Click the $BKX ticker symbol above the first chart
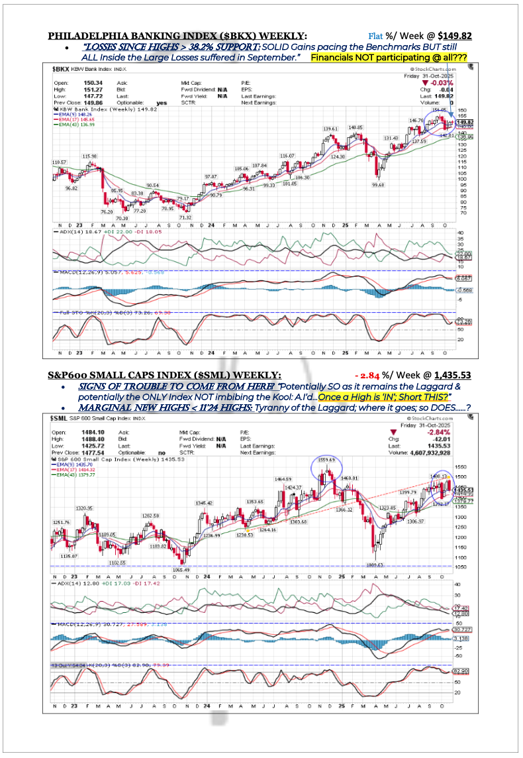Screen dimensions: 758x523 tap(61, 68)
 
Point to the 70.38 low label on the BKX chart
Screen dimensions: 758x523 tap(122, 217)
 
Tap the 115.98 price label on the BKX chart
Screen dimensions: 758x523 tap(89, 156)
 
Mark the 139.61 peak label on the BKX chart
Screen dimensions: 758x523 tap(331, 128)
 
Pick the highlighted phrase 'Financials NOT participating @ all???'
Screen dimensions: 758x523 tap(389, 58)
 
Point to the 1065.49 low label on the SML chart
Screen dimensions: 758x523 tap(180, 569)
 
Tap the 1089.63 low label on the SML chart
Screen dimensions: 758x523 tap(375, 565)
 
